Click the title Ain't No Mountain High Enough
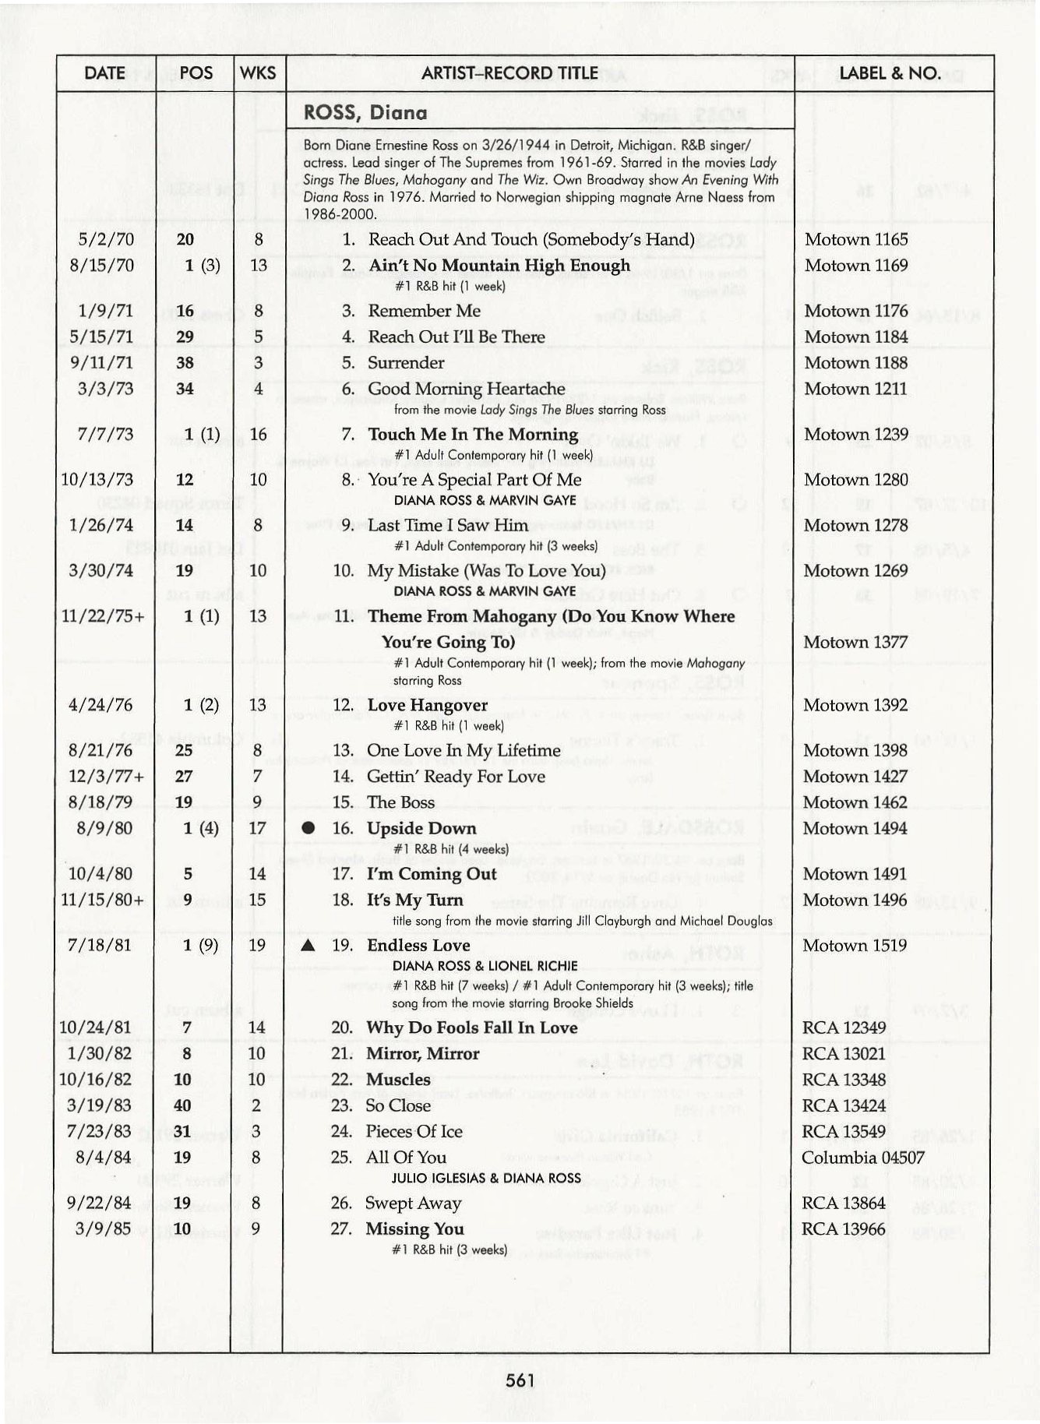(x=499, y=266)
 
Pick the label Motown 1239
(x=855, y=434)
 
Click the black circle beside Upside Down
(x=308, y=828)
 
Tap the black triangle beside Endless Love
(x=308, y=946)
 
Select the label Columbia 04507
(x=863, y=1158)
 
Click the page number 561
(x=520, y=1381)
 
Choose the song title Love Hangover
(x=427, y=705)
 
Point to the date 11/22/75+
(x=101, y=616)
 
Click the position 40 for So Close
(x=182, y=1105)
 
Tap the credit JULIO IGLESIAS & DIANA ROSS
(x=486, y=1178)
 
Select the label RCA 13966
(x=844, y=1229)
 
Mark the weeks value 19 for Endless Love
(x=257, y=945)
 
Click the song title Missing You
(x=415, y=1229)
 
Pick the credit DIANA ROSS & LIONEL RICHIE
(x=485, y=966)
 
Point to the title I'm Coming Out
(x=432, y=874)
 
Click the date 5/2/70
(x=102, y=239)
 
